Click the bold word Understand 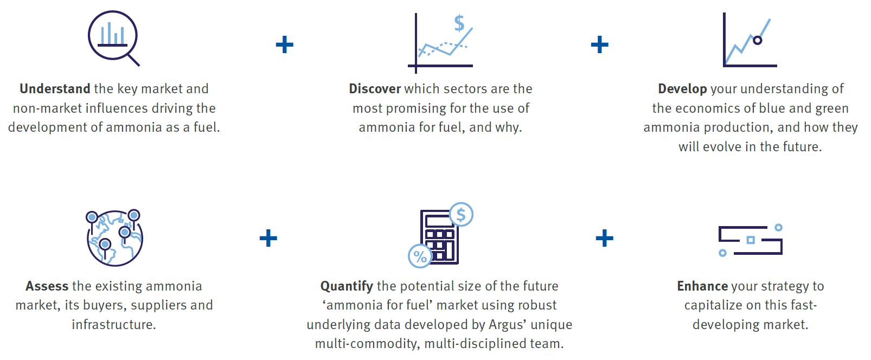tap(55, 88)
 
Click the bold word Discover tap(375, 88)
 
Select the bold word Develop tap(682, 89)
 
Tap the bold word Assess tap(47, 286)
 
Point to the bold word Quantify tap(347, 286)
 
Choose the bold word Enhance tap(702, 286)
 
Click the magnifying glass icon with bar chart tap(113, 38)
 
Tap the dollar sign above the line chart tap(459, 23)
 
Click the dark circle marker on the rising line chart tap(757, 40)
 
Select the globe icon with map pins tap(114, 237)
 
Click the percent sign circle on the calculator tap(420, 256)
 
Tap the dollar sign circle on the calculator tap(461, 214)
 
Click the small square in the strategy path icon tap(751, 240)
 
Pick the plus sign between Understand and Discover tap(285, 44)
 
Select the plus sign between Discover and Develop tap(600, 44)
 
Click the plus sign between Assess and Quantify tap(268, 238)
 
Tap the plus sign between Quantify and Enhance tap(605, 238)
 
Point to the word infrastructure tap(114, 325)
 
